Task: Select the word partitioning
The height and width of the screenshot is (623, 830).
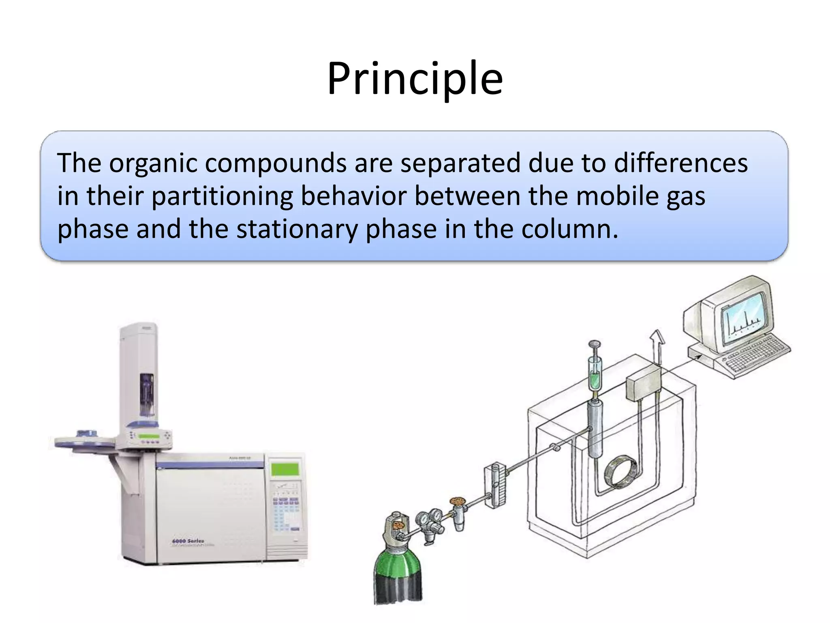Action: coord(222,196)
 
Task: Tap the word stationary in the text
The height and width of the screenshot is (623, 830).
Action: coord(297,229)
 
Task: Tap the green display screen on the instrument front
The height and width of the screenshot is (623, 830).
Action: coord(285,469)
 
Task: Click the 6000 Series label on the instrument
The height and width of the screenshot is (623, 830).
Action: coord(188,541)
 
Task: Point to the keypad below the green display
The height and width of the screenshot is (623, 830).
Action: coord(286,511)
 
